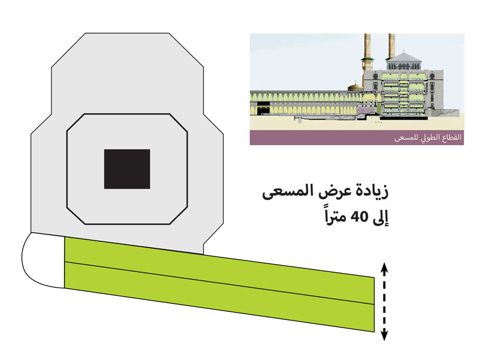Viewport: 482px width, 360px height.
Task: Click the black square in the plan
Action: tap(127, 169)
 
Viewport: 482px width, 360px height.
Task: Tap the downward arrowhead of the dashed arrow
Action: tap(383, 336)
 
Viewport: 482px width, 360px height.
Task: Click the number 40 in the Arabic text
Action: tap(355, 216)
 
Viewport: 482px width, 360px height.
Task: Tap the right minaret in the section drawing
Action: tap(391, 48)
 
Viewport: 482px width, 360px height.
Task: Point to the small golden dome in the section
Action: tap(354, 87)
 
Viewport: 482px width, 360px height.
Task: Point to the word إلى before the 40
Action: tap(380, 216)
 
